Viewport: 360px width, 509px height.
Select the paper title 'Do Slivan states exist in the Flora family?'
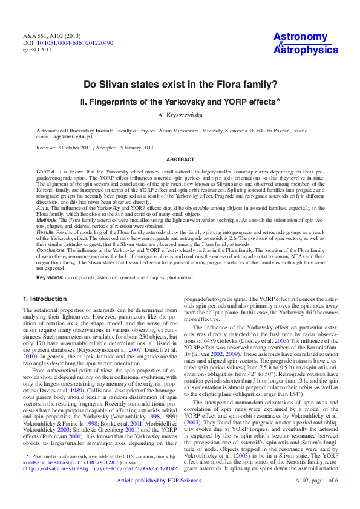coord(180,85)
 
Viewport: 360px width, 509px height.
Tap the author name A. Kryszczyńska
coord(180,115)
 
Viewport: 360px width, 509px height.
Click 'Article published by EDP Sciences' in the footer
coord(167,498)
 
